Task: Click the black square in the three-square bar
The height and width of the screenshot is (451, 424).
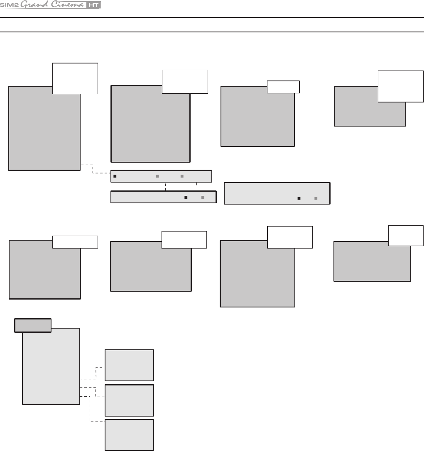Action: coord(115,176)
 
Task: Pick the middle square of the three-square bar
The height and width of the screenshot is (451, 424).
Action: coord(157,176)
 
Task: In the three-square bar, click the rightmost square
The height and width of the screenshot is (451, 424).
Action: coord(182,176)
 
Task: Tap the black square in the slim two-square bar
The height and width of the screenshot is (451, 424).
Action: coord(186,197)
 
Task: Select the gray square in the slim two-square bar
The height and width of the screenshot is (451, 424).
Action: coord(203,197)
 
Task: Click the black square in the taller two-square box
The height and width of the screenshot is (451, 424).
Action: coord(299,199)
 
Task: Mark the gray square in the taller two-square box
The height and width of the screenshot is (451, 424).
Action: coord(316,199)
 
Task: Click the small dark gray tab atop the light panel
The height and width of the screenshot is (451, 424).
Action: coord(33,325)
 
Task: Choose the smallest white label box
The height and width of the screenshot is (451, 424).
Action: coord(283,87)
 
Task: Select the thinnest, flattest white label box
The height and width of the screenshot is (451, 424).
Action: coord(75,242)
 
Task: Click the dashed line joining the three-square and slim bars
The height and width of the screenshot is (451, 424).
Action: coord(166,187)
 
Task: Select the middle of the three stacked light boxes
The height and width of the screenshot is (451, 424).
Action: coord(129,400)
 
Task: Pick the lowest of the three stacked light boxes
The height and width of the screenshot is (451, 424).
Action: coord(129,435)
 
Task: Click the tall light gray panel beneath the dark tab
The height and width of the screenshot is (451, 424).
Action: coord(51,365)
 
